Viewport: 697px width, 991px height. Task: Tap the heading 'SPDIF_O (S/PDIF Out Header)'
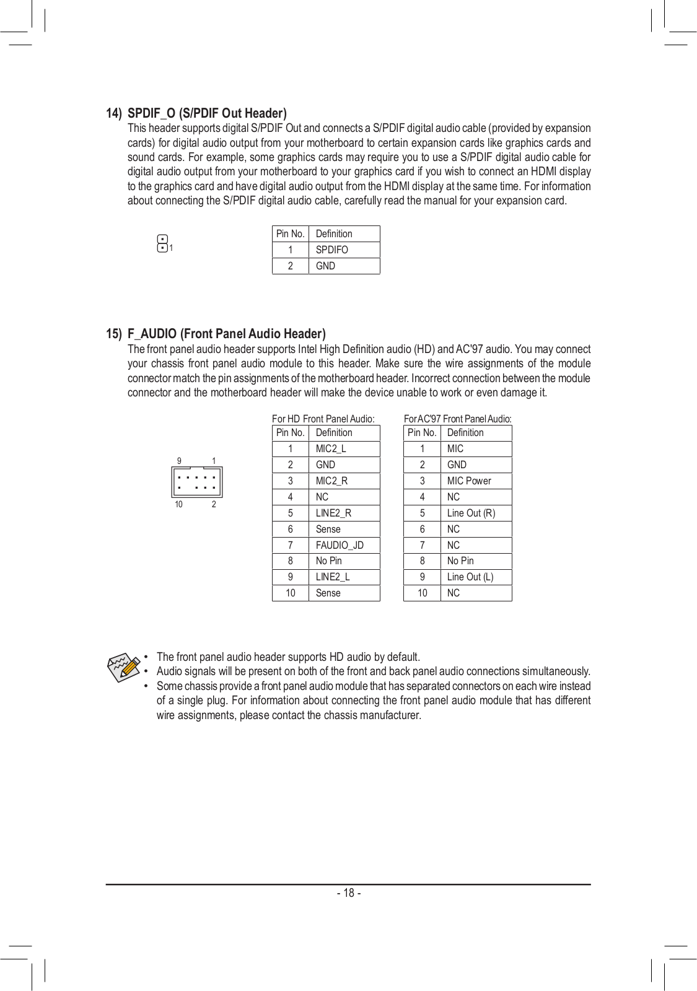coord(207,113)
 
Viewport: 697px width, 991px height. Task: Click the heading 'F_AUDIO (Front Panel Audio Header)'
coord(226,334)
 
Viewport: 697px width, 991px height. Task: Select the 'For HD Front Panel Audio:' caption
coord(323,419)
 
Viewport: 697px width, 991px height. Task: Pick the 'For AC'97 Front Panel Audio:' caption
coord(458,419)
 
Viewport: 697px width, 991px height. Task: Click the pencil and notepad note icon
coord(123,668)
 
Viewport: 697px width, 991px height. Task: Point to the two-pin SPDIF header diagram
coord(162,243)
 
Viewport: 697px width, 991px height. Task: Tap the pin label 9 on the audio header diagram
coord(179,461)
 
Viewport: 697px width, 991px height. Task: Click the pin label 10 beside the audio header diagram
coord(178,504)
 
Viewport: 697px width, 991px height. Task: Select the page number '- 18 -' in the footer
coord(349,893)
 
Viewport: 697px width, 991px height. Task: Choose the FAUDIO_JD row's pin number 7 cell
coord(290,545)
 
